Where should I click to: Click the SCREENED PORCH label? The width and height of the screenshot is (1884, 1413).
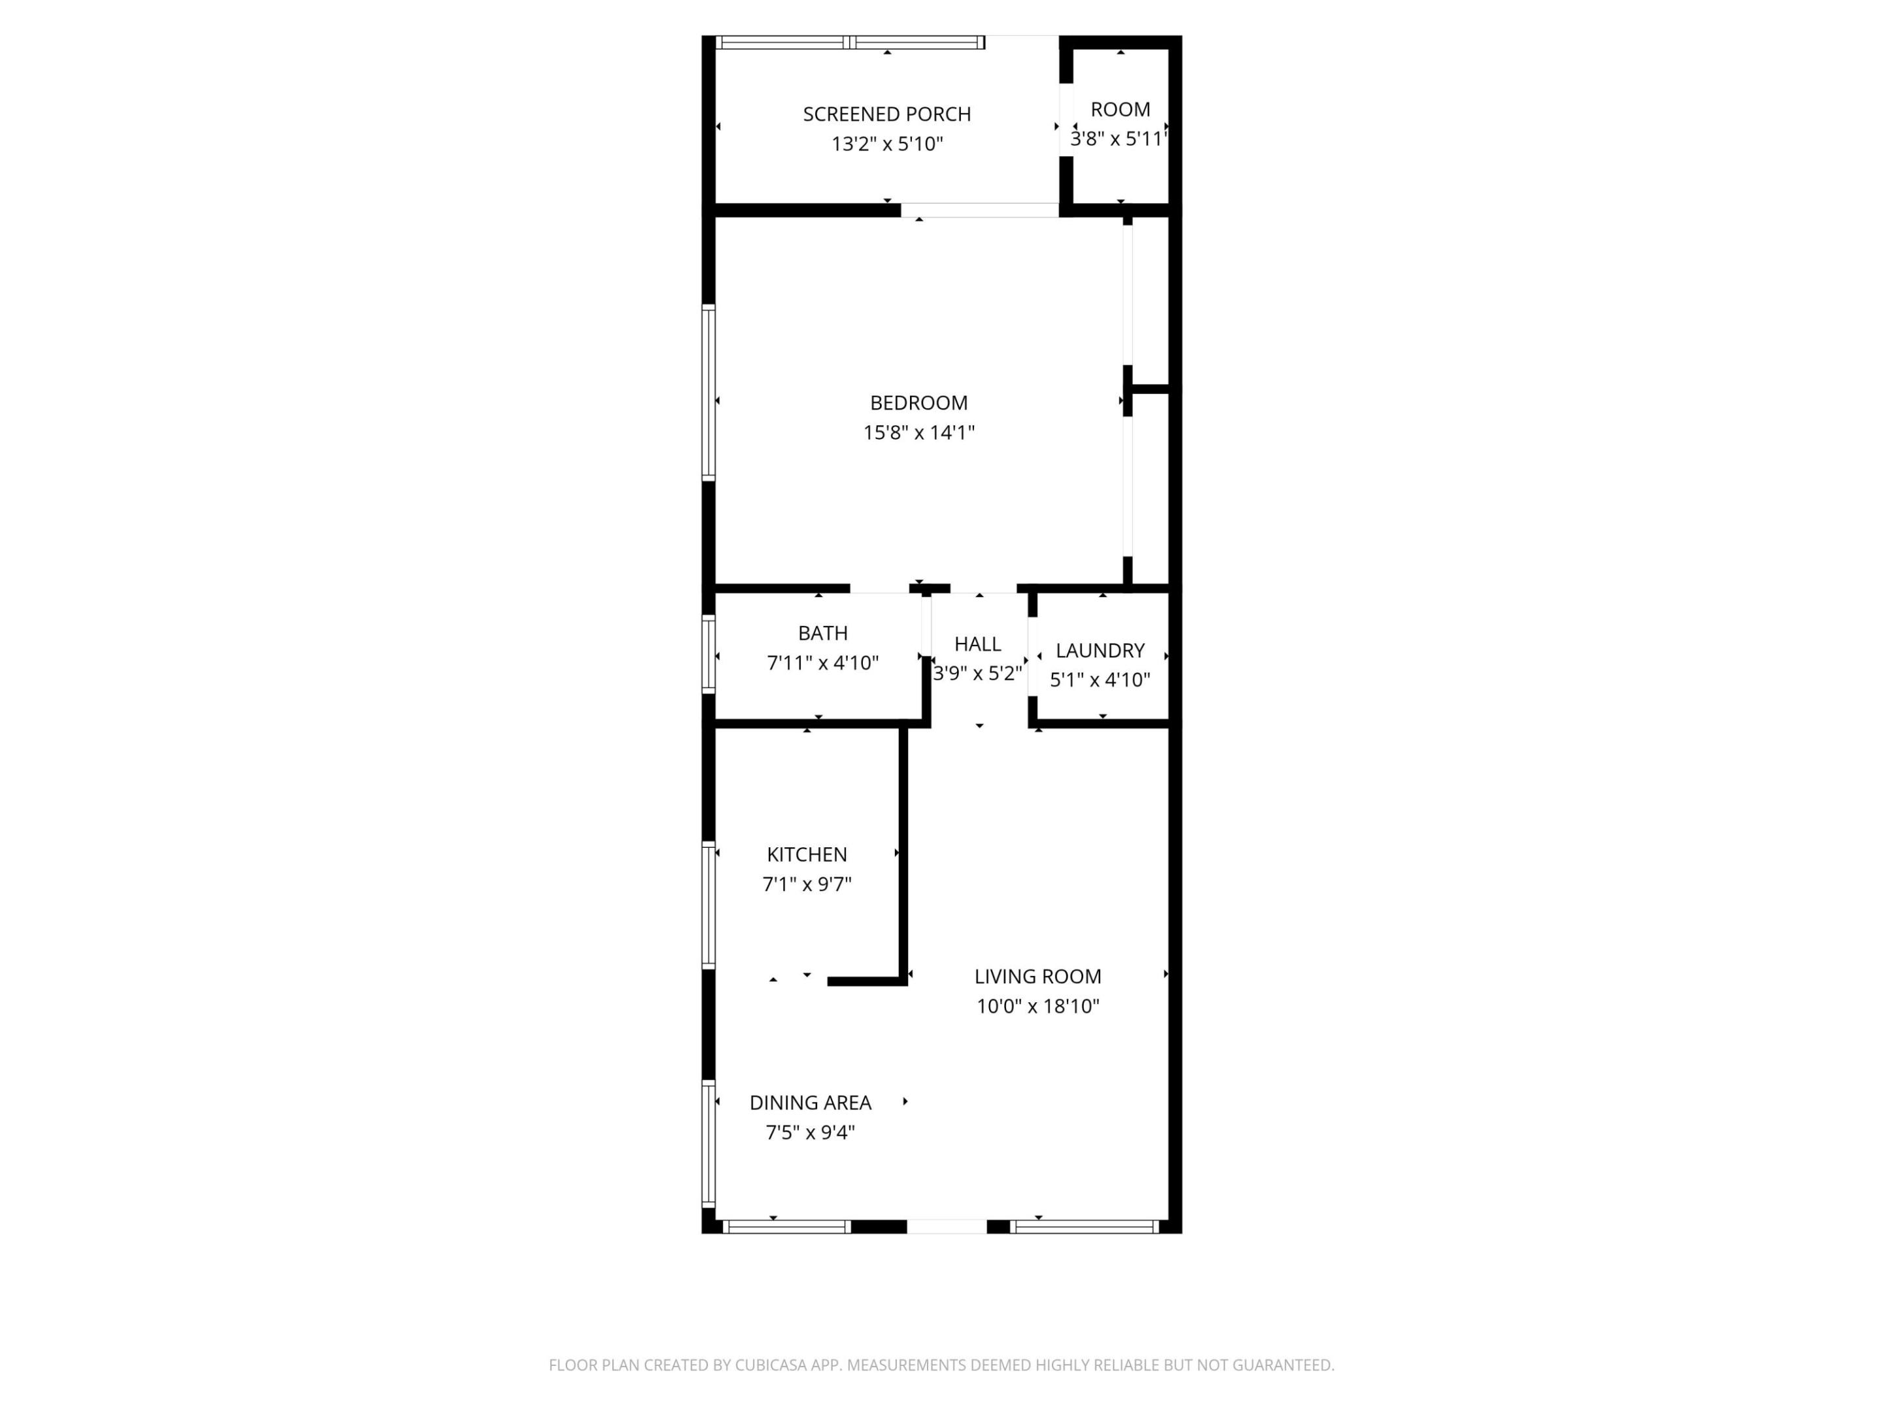[x=886, y=114]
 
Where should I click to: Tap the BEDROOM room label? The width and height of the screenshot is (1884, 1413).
[x=918, y=403]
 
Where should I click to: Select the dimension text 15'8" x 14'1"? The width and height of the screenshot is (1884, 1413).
[x=918, y=432]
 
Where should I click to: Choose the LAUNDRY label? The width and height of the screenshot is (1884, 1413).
[x=1099, y=651]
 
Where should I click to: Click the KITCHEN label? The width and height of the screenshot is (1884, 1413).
[x=806, y=854]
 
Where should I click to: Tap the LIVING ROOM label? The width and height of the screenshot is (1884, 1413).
[x=1037, y=976]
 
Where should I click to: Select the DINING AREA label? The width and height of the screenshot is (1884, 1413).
[x=809, y=1102]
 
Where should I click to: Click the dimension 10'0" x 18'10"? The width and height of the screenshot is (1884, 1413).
[x=1037, y=1006]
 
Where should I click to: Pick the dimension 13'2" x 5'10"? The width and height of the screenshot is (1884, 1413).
[x=886, y=144]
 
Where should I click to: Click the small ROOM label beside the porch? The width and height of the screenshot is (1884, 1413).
[x=1119, y=110]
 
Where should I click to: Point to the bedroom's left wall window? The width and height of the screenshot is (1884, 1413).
[x=708, y=392]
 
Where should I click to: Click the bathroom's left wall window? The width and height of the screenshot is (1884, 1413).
[x=708, y=652]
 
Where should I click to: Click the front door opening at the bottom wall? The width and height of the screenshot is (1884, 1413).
[x=947, y=1227]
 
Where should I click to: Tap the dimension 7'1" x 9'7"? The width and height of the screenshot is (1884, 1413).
[x=806, y=884]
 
